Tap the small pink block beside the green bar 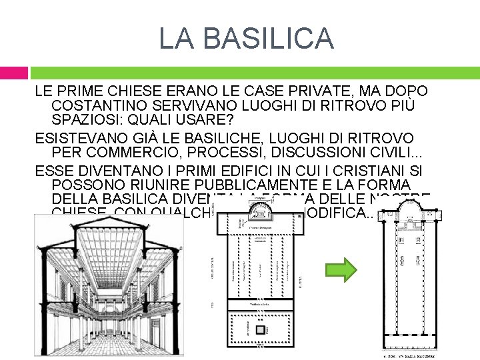click(x=13, y=73)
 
